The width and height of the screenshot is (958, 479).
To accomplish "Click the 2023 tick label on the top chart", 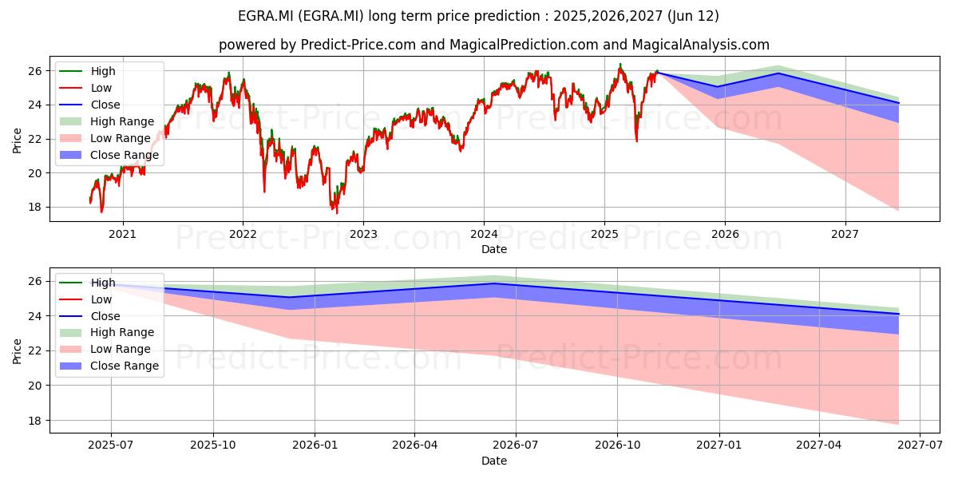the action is point(363,235).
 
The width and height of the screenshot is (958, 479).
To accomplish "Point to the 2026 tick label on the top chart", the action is point(725,235).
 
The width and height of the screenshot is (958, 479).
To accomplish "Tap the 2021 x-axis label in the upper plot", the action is point(122,235).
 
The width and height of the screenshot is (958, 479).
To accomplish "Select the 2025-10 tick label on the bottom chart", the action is point(213,445).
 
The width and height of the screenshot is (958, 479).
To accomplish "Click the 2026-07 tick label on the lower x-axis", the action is point(516,445).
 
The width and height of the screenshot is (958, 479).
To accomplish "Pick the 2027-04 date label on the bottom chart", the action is point(818,445).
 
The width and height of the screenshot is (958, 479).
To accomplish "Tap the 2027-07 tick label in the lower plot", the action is point(920,445).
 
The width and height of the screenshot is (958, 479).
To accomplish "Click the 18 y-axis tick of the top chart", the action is point(35,208).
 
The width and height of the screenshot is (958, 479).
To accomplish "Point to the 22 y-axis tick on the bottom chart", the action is point(35,351).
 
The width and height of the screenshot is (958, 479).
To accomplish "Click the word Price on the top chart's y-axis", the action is point(17,141).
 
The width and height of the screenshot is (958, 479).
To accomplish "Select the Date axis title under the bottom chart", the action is point(494,461).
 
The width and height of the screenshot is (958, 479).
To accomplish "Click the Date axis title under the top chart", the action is point(494,249).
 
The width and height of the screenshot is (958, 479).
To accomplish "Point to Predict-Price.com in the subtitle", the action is point(358,45).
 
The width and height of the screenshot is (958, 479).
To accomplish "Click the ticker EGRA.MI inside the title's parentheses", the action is point(331,16).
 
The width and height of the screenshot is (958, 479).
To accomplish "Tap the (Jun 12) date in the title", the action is point(693,16).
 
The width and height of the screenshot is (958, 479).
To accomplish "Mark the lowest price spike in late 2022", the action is point(337,213).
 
